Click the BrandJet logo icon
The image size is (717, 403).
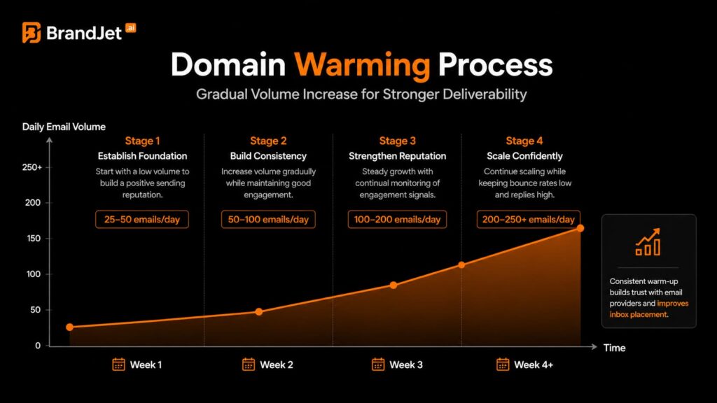(32, 32)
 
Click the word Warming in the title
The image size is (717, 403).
(361, 65)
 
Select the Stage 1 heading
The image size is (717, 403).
(142, 141)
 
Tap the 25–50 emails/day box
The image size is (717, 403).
(142, 219)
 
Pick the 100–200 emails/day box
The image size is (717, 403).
(396, 219)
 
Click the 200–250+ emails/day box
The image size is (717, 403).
(529, 219)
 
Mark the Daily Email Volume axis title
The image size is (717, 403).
(64, 127)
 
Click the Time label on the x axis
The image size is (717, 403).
(614, 348)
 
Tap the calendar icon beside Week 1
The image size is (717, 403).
(118, 365)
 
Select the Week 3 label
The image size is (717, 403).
(406, 365)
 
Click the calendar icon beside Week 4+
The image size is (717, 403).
(502, 365)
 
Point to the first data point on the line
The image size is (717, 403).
(69, 327)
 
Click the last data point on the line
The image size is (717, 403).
(580, 228)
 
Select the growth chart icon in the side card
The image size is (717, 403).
(648, 242)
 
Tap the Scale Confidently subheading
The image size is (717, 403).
(524, 156)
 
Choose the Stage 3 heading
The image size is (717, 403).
(398, 141)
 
